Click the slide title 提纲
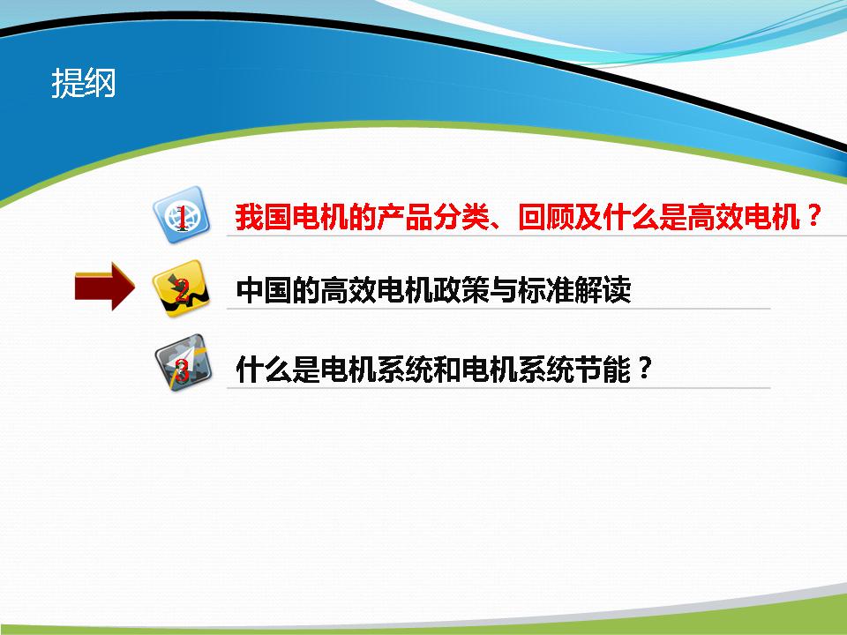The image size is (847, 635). [84, 83]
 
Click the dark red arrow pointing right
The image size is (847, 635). [105, 286]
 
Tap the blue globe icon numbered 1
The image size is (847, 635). [181, 215]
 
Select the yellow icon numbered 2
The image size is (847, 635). [181, 288]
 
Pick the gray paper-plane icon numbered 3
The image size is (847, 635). [183, 362]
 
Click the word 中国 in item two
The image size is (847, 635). [264, 290]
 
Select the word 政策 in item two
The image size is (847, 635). [461, 290]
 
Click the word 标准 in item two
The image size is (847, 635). [545, 290]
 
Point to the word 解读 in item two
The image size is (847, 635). [602, 290]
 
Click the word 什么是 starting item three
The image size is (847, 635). [278, 370]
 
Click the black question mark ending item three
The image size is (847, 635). [644, 369]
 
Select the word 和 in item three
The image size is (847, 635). [446, 370]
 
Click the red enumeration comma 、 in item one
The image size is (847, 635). [498, 225]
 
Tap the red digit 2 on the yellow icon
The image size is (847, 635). [182, 290]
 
